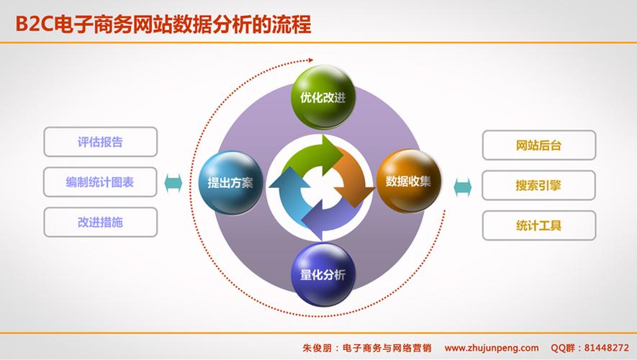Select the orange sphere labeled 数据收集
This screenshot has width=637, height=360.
click(408, 181)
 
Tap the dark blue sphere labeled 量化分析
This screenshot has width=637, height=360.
click(317, 274)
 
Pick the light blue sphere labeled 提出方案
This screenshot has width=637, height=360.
click(230, 182)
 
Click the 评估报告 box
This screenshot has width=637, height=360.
click(100, 142)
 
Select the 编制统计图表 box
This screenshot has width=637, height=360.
click(100, 182)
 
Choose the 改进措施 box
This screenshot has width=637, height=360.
click(100, 222)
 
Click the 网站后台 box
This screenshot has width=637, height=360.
click(538, 145)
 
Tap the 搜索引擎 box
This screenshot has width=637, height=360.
click(538, 185)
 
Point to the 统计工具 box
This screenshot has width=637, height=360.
click(538, 225)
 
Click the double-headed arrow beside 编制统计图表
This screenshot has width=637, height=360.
click(173, 183)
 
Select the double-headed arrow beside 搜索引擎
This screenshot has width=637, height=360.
click(463, 186)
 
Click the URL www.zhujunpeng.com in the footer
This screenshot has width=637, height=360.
click(491, 347)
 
